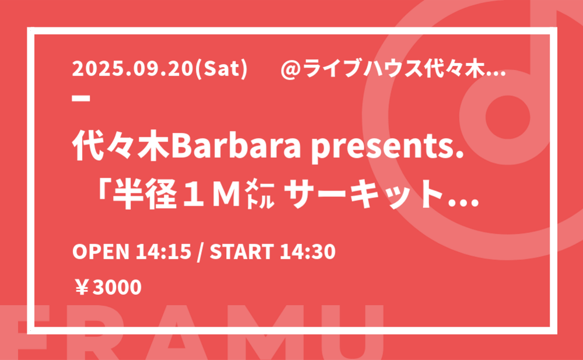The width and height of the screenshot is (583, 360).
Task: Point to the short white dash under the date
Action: coord(81,98)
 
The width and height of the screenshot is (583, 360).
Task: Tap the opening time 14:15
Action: coord(163,252)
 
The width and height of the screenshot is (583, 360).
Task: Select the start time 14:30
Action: coord(308,252)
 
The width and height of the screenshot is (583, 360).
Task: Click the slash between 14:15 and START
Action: coord(201,252)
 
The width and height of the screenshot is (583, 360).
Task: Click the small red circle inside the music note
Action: coord(508,117)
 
